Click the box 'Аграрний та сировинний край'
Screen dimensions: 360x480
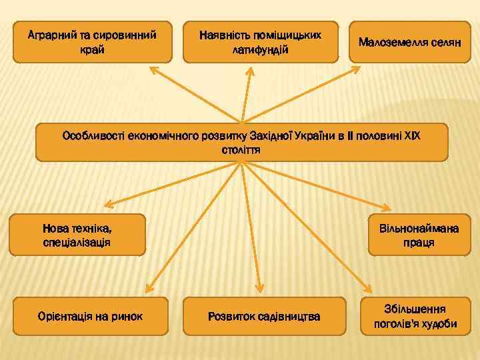point(92,41)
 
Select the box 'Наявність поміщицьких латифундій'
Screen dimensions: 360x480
point(261,41)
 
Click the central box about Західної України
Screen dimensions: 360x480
point(241,141)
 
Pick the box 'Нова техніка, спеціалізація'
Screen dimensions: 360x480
point(77,235)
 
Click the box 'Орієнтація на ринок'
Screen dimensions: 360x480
point(90,315)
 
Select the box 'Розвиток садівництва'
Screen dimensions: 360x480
point(264,315)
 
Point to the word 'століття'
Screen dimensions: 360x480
point(241,150)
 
